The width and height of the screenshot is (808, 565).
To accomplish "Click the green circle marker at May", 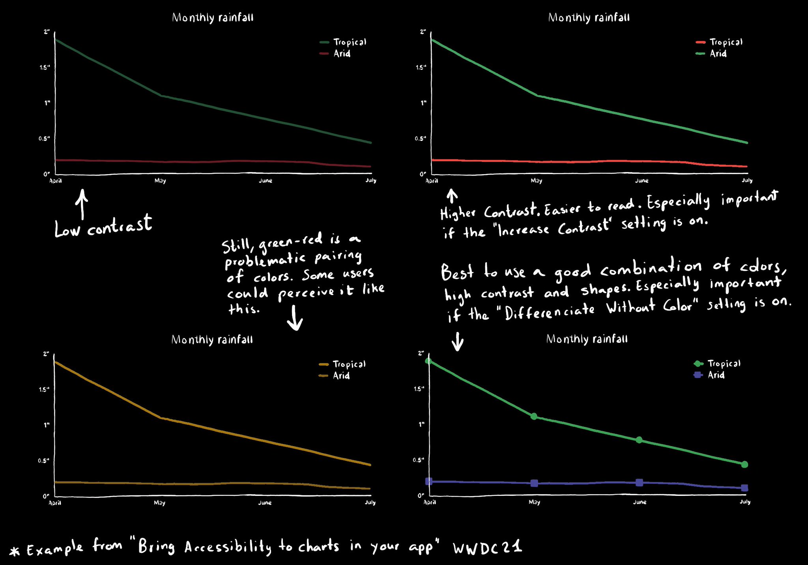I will pyautogui.click(x=534, y=416).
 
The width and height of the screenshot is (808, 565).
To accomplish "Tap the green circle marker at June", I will pyautogui.click(x=639, y=440).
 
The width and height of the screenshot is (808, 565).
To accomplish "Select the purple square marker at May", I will pyautogui.click(x=534, y=483).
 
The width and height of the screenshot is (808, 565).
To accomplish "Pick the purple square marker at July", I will pyautogui.click(x=744, y=488).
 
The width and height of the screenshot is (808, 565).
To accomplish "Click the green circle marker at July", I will pyautogui.click(x=744, y=464).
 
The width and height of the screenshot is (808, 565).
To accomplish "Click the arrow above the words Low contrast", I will pyautogui.click(x=82, y=204).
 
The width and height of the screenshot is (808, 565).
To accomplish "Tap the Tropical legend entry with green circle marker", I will pyautogui.click(x=717, y=363).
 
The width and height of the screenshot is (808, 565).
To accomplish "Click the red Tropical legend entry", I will pyautogui.click(x=719, y=42).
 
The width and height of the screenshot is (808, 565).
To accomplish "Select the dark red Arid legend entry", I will pyautogui.click(x=335, y=53).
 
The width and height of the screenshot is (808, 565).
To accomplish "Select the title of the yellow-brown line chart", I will pyautogui.click(x=212, y=340).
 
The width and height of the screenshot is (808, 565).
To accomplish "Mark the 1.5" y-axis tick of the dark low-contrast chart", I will pyautogui.click(x=45, y=68).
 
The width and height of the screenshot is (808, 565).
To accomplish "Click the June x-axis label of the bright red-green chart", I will pyautogui.click(x=642, y=180).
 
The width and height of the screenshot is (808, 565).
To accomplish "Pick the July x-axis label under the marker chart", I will pyautogui.click(x=745, y=502).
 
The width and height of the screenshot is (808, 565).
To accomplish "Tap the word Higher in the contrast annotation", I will pyautogui.click(x=458, y=214).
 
